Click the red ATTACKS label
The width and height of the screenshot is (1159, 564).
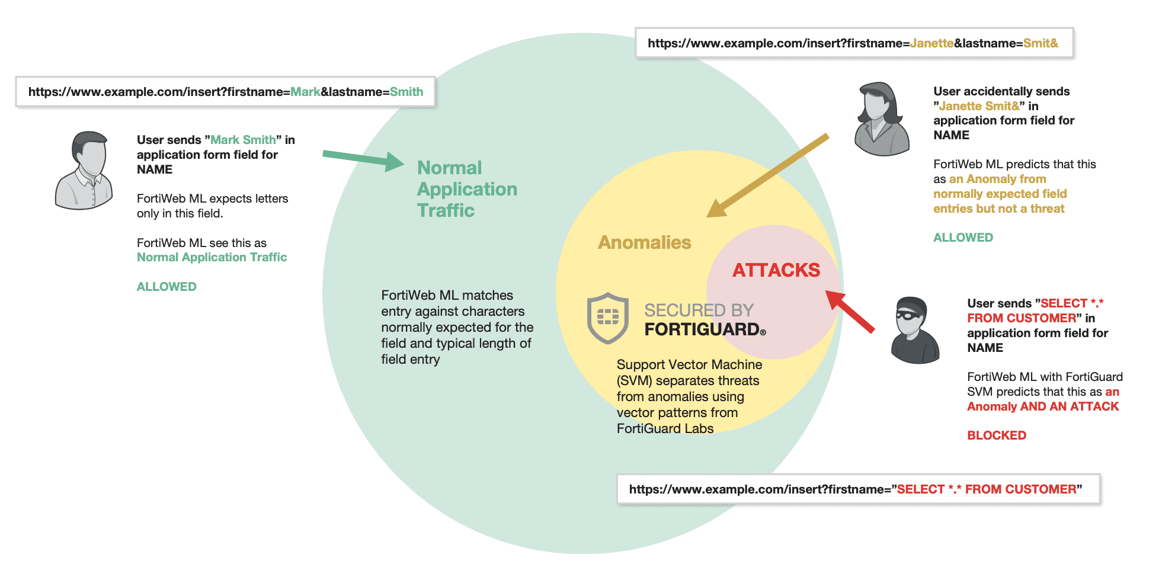pos(776,270)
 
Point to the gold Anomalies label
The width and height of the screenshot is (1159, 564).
pos(644,242)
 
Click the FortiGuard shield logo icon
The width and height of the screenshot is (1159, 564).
pos(607,318)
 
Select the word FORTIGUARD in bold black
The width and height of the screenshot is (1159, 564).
pos(702,329)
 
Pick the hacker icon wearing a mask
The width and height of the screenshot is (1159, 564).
pos(914,330)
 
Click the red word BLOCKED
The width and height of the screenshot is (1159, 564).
pos(996,435)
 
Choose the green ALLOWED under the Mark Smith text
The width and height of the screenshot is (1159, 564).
pos(167,287)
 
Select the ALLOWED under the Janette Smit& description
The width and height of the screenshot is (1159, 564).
pos(963,238)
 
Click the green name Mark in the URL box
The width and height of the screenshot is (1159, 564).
pos(305,92)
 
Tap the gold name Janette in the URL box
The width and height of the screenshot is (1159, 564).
pos(931,43)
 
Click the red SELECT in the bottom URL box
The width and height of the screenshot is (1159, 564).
pos(920,489)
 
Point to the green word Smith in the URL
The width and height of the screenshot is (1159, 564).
pos(406,92)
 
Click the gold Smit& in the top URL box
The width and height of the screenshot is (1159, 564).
pos(1040,43)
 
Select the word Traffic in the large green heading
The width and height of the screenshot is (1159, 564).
pos(446,210)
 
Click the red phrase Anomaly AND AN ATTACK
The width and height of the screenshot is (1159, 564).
pos(1043,406)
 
